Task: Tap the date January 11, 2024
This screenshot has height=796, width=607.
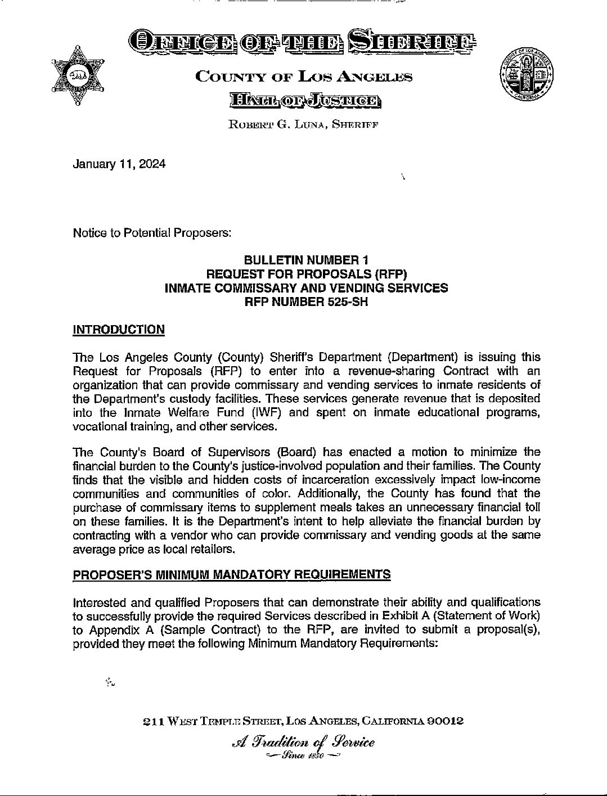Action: (x=119, y=164)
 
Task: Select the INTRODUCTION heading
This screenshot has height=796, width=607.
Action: (x=119, y=330)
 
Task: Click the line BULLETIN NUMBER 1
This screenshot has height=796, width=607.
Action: (x=306, y=260)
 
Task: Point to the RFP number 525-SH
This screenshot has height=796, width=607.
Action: (x=306, y=302)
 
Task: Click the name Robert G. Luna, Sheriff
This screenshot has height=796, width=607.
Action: (x=303, y=124)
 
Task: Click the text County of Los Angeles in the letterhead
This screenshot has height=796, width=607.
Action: (x=303, y=77)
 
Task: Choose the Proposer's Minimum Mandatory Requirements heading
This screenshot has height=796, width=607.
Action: (x=232, y=574)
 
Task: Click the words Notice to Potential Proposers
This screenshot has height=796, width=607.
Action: (x=152, y=233)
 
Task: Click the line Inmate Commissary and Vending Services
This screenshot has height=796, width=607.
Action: (x=306, y=288)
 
